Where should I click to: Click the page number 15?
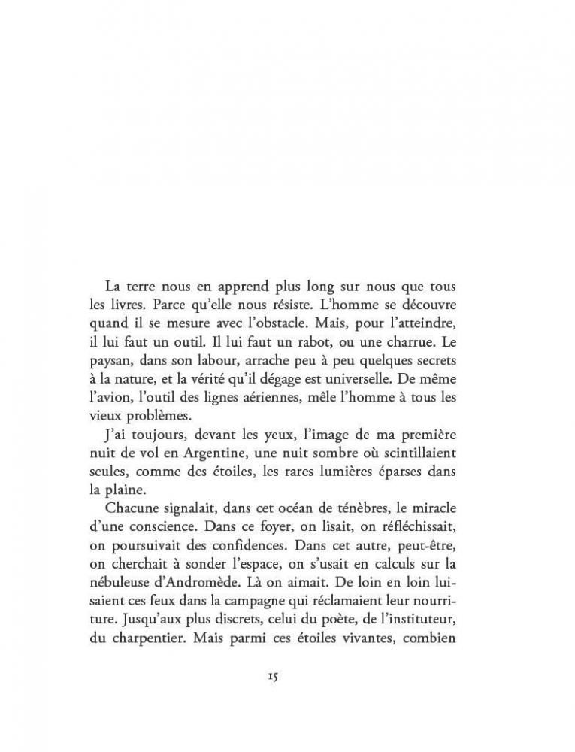click(272, 677)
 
